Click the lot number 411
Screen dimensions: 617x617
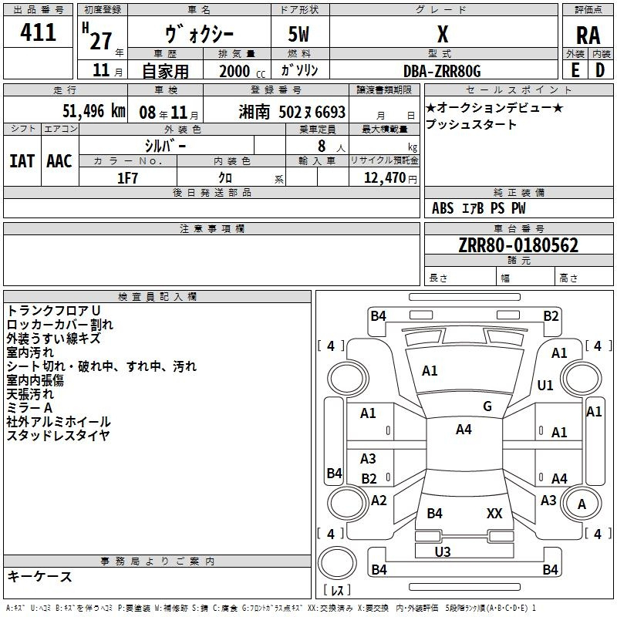[38, 32]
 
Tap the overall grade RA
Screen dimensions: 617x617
[588, 35]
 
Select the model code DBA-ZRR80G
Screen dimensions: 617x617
[442, 71]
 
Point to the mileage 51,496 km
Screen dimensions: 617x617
[94, 111]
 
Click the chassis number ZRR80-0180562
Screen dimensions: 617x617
[518, 245]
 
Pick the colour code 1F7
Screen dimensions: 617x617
[127, 178]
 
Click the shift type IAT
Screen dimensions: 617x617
[22, 161]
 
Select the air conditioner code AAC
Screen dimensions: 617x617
[59, 161]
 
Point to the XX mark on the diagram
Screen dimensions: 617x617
[494, 514]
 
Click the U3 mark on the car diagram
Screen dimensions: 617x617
[443, 551]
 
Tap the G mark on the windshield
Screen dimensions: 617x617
[487, 406]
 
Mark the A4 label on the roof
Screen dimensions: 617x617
[464, 430]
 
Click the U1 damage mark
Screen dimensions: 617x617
[545, 385]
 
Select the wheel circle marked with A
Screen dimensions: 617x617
[582, 504]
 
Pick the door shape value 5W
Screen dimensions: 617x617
[298, 34]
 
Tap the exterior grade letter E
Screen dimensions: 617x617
[575, 70]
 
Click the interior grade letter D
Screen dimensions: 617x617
[600, 70]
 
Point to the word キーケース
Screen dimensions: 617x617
[39, 576]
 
